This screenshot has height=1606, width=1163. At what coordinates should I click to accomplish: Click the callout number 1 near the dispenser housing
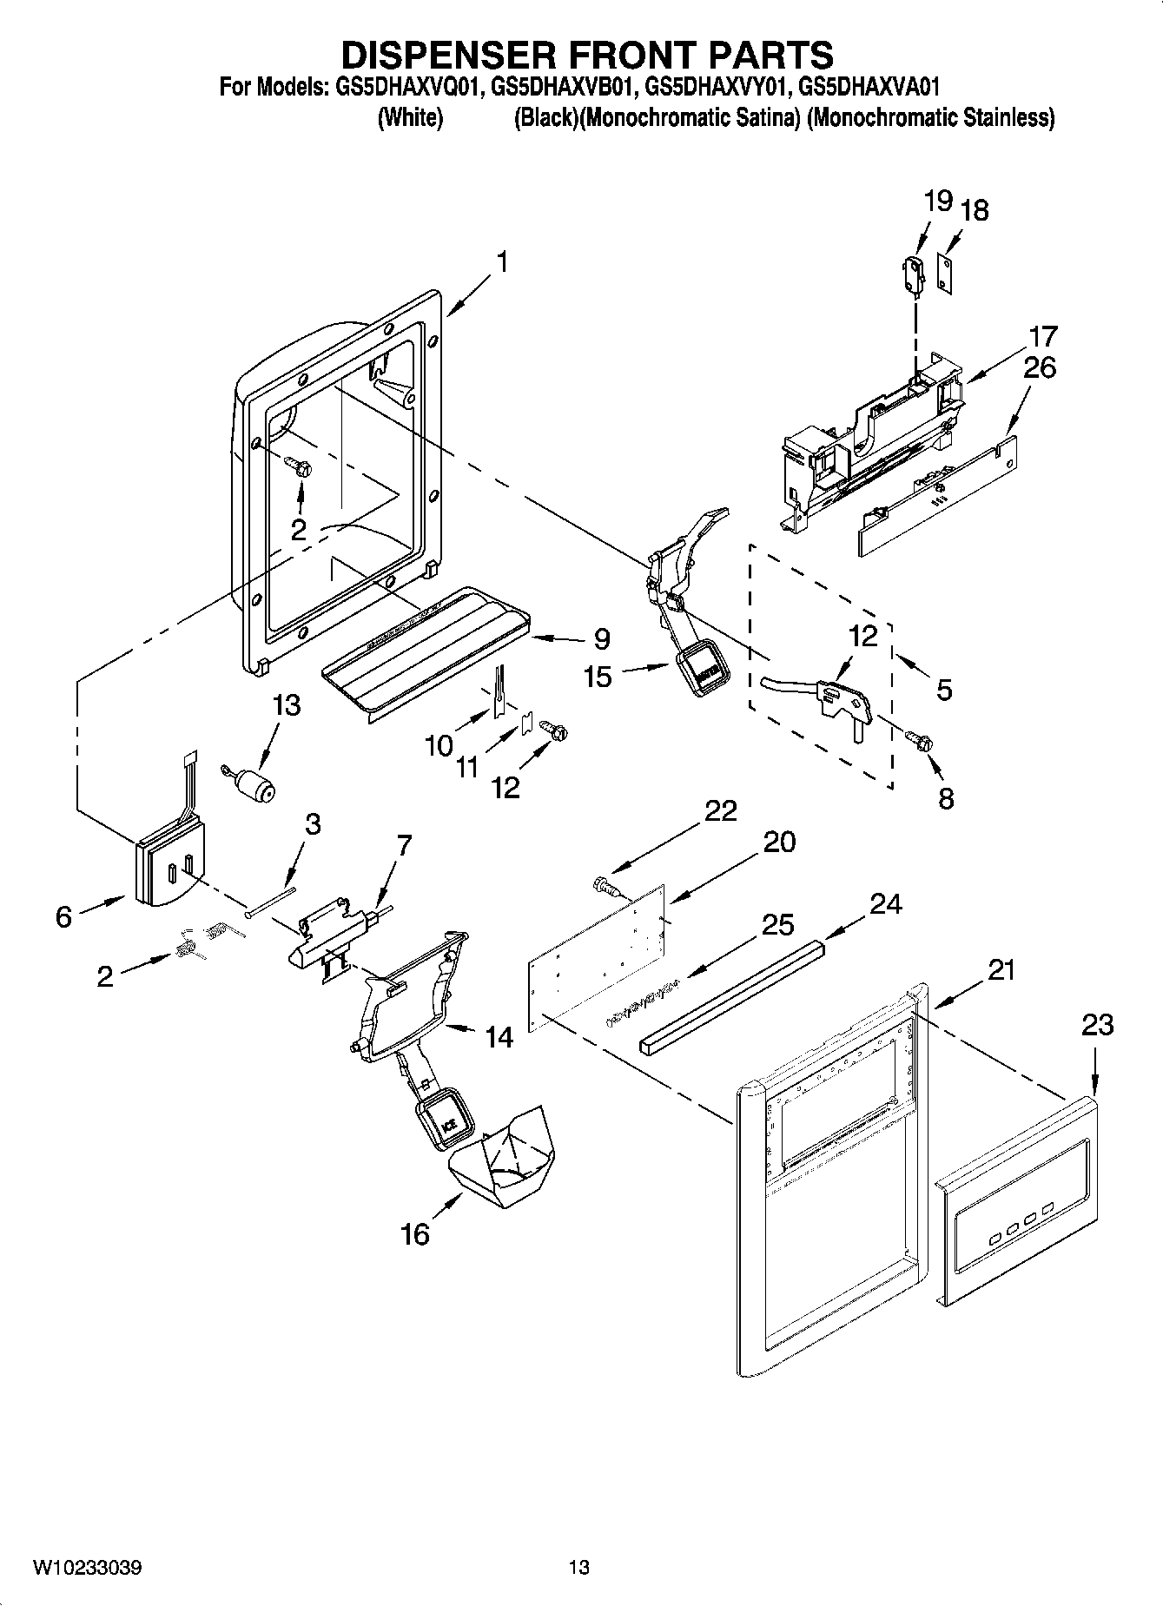(x=501, y=262)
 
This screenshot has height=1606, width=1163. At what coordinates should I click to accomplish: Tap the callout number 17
(x=1043, y=336)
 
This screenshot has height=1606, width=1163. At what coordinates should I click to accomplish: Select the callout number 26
(x=1039, y=367)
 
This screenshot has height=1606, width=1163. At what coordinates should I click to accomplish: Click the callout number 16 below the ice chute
(x=415, y=1233)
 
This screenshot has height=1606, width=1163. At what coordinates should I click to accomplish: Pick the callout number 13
(x=286, y=705)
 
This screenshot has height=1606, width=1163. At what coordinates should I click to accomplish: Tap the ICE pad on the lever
(x=448, y=1125)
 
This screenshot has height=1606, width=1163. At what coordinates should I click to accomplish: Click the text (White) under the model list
(x=410, y=118)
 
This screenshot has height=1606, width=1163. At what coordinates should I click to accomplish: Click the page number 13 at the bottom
(x=579, y=1568)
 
